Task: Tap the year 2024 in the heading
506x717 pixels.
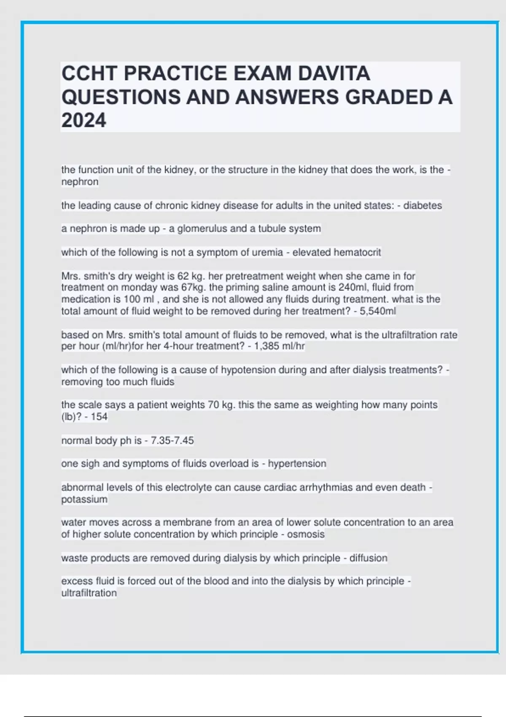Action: click(83, 121)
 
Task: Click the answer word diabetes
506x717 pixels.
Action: click(423, 205)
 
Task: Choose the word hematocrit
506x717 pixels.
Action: click(357, 252)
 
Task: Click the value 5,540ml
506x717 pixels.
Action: click(378, 311)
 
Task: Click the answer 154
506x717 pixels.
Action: click(99, 417)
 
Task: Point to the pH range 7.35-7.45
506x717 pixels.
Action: click(172, 440)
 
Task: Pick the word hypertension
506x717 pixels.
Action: click(297, 464)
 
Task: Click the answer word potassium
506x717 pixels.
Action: click(84, 499)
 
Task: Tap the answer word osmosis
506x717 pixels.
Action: click(306, 534)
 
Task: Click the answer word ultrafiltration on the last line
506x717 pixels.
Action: click(89, 593)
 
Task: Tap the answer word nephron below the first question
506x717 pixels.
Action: click(80, 182)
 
